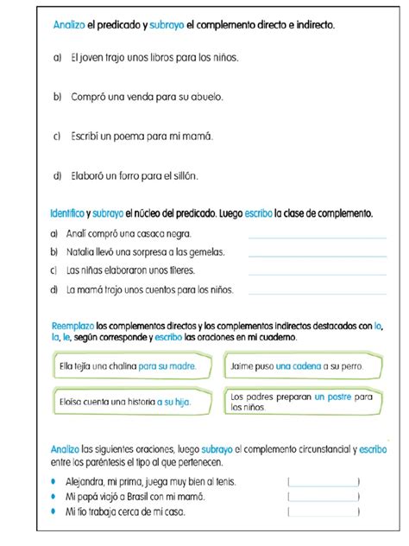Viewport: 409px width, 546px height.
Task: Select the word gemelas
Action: (205, 252)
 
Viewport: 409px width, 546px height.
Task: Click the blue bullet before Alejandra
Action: (55, 481)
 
